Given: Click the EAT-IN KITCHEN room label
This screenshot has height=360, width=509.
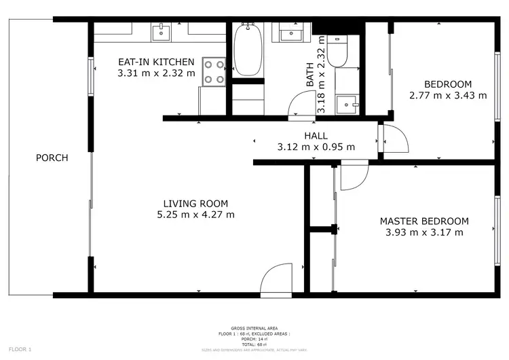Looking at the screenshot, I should click(156, 62).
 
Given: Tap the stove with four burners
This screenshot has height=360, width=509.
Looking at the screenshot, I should click(214, 72).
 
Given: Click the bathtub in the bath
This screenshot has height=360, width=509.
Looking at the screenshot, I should click(247, 50).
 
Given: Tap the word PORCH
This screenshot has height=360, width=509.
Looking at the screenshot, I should click(52, 158).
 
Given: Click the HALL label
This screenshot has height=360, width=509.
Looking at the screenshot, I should click(316, 135).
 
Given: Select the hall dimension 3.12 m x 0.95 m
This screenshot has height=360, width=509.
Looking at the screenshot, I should click(316, 147).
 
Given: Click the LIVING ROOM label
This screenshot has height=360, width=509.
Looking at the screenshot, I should click(195, 203).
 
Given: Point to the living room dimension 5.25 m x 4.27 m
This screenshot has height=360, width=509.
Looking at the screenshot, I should click(195, 215).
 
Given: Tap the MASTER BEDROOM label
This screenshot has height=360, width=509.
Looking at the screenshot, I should click(423, 221).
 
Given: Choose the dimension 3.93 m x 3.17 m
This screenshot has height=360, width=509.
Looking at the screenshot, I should click(423, 233).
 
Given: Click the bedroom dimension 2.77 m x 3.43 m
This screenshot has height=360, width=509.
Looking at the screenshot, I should click(448, 96).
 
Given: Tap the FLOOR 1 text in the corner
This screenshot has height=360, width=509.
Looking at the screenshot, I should click(20, 349).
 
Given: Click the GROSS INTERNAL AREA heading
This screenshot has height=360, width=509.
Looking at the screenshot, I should click(254, 328).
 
